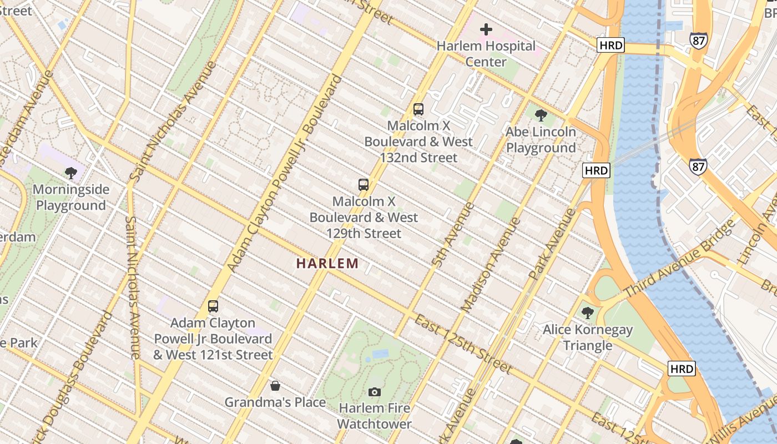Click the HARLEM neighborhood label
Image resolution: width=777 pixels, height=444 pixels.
point(327,263)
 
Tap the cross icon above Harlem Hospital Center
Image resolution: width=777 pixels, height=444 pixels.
point(486,29)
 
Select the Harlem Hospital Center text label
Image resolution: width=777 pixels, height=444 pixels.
point(486,54)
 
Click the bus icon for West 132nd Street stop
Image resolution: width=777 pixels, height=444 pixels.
point(418,109)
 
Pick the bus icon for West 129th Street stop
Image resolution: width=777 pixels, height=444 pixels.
point(364,185)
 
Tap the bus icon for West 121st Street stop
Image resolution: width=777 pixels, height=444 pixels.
point(213,306)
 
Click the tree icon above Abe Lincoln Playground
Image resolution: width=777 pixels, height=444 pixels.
point(541,115)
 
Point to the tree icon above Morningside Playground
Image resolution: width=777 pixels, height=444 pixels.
point(70,173)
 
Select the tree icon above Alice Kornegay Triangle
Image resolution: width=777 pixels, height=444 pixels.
point(587,313)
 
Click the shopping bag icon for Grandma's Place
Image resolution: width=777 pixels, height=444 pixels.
point(275,386)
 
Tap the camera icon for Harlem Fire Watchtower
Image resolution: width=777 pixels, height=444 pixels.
point(375,392)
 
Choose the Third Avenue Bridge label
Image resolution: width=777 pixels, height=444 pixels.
point(679,259)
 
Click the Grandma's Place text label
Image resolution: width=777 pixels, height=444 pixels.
point(275,402)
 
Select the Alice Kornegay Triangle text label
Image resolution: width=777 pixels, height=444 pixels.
point(587,337)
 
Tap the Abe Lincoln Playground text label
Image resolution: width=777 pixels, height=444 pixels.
point(541,140)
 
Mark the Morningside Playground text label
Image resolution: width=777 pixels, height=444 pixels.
point(70,198)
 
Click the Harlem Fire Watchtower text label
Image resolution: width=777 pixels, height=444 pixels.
point(375,416)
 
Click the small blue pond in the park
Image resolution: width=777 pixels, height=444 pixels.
point(380,354)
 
